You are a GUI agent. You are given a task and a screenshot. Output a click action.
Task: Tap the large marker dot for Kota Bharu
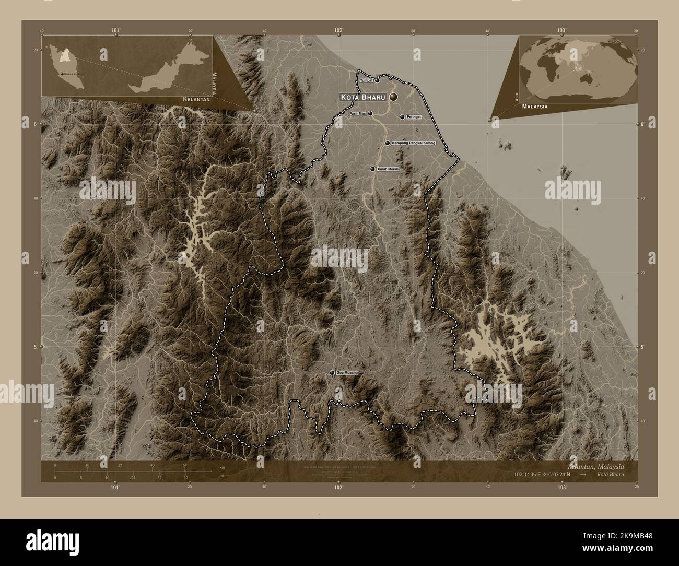point(393,97)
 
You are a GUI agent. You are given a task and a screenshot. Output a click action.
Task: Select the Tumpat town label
point(367,81)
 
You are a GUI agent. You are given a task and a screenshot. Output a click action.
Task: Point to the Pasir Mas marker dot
point(370,113)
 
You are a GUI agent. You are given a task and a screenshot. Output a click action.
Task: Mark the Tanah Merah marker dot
point(372,169)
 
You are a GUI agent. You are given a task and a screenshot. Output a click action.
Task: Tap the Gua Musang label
point(347,373)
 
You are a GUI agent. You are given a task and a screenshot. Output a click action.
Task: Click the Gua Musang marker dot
point(332,373)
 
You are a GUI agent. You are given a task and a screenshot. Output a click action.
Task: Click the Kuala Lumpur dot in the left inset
point(62,75)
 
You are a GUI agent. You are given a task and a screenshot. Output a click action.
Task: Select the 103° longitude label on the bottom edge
point(562,487)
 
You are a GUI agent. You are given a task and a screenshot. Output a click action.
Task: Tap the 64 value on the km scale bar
point(184,465)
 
